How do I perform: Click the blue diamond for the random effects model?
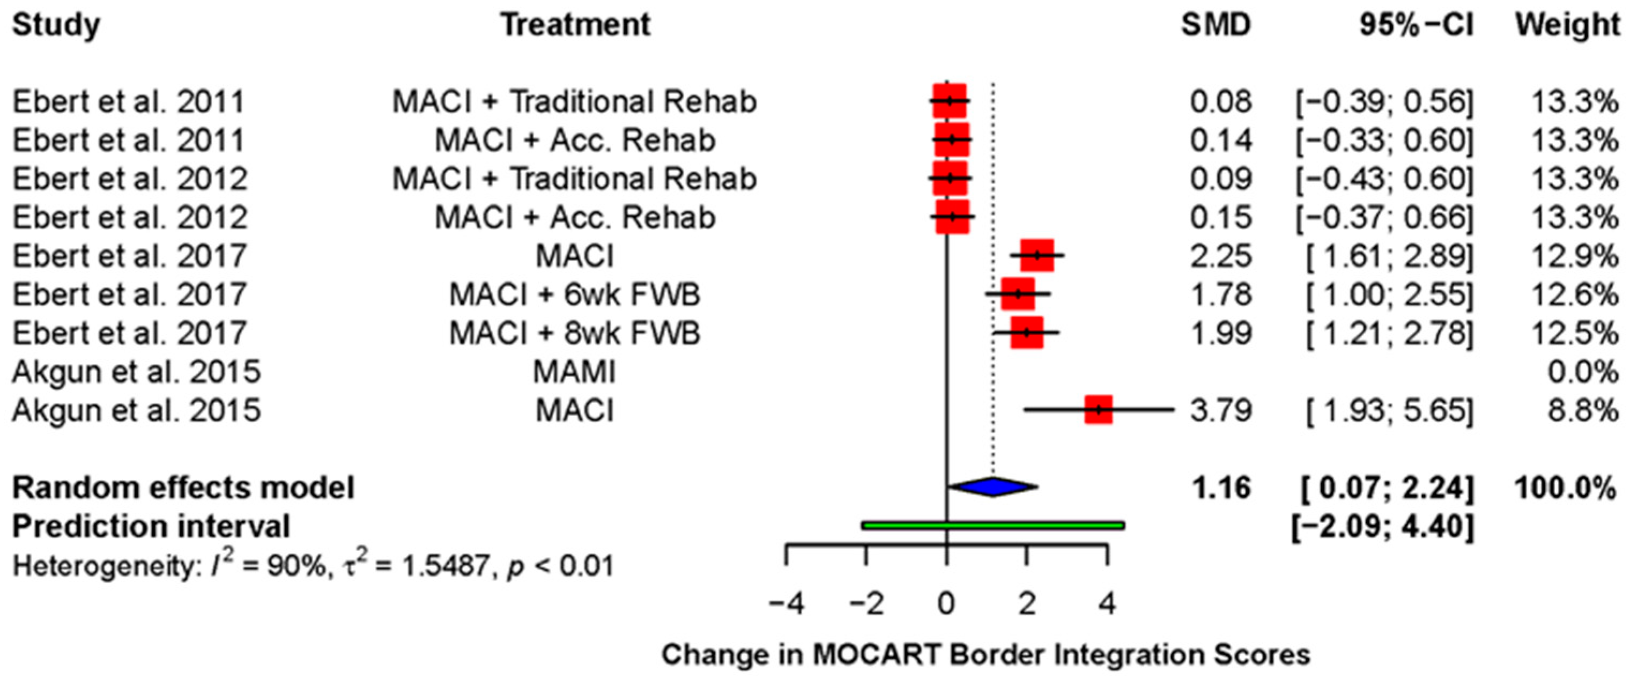click(994, 486)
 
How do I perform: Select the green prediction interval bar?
click(993, 525)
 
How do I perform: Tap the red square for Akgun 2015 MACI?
click(1099, 410)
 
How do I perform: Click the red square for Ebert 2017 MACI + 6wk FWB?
click(1018, 294)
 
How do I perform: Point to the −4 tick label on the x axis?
click(786, 604)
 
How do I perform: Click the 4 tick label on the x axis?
click(1107, 604)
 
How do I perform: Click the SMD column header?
click(1216, 25)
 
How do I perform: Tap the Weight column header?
click(1567, 25)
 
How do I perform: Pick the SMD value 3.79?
click(1220, 411)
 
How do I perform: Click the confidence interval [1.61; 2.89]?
click(1390, 256)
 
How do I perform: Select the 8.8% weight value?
click(1582, 411)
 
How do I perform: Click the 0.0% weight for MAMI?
click(1582, 372)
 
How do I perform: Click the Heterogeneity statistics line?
click(313, 565)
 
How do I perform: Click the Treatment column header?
click(575, 25)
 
